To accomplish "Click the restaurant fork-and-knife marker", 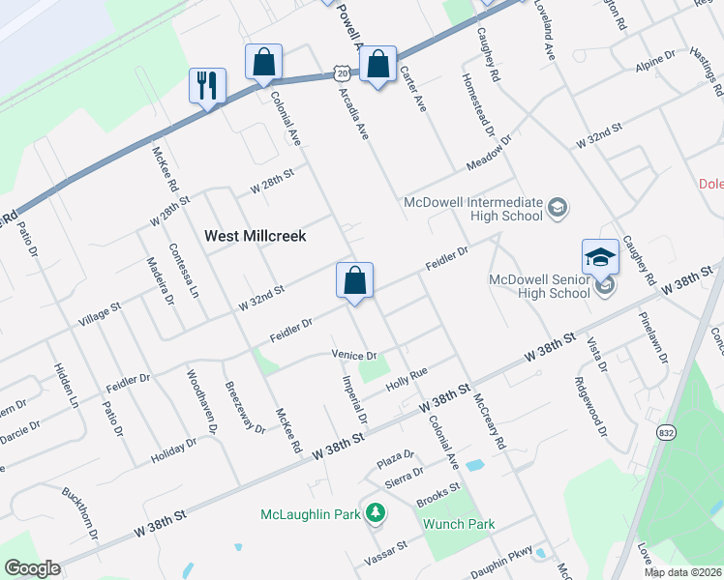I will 207,85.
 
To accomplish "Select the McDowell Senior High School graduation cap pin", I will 600,257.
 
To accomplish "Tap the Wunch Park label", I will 459,524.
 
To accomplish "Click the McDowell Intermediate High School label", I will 472,209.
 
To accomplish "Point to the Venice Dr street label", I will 352,355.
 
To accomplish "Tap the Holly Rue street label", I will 407,378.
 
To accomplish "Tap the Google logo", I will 32,568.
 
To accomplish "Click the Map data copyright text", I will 683,572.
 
